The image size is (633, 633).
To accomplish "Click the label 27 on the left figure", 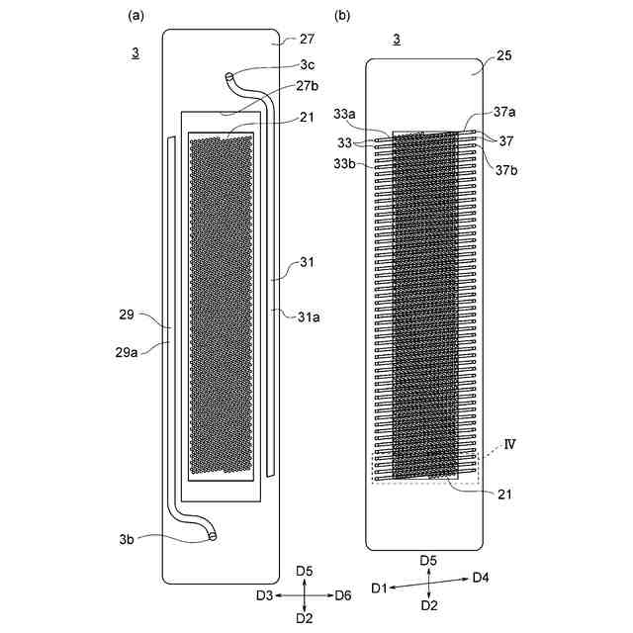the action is click(306, 41).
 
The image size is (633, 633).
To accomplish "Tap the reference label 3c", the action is click(308, 65).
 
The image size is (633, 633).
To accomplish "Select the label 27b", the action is click(307, 86).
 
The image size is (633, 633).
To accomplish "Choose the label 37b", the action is click(506, 169).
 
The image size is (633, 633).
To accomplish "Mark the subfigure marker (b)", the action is click(341, 15).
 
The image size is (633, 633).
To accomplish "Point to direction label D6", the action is click(342, 595).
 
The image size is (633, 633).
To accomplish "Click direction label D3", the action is click(264, 595).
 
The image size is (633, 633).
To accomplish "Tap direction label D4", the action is click(481, 577).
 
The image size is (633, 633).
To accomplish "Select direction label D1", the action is click(379, 588).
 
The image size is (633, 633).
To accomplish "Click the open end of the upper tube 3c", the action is click(229, 75).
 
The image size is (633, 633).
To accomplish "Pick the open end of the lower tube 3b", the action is click(213, 537).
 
